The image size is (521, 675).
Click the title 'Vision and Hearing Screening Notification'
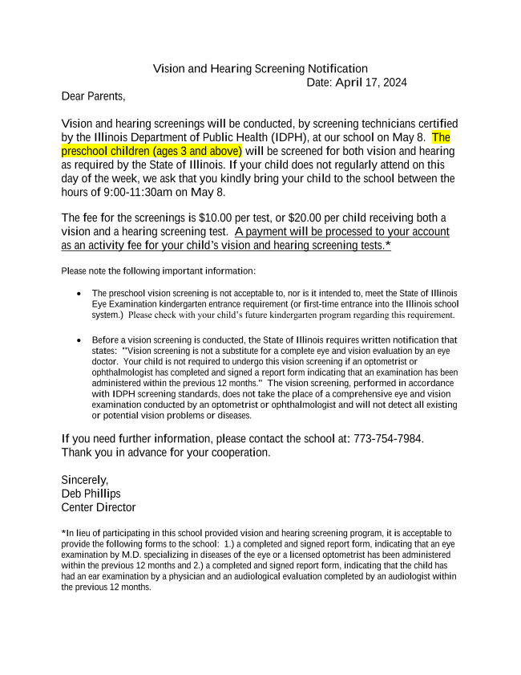pos(260,69)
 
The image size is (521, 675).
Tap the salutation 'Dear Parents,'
pos(93,96)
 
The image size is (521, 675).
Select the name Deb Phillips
pos(91,494)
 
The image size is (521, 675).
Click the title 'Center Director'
pos(98,507)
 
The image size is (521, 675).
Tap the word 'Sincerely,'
pos(84,480)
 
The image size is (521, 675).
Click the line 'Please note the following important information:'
pos(158,270)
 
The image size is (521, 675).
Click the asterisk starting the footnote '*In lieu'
pos(63,532)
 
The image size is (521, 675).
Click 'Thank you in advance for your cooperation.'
pos(165,453)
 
